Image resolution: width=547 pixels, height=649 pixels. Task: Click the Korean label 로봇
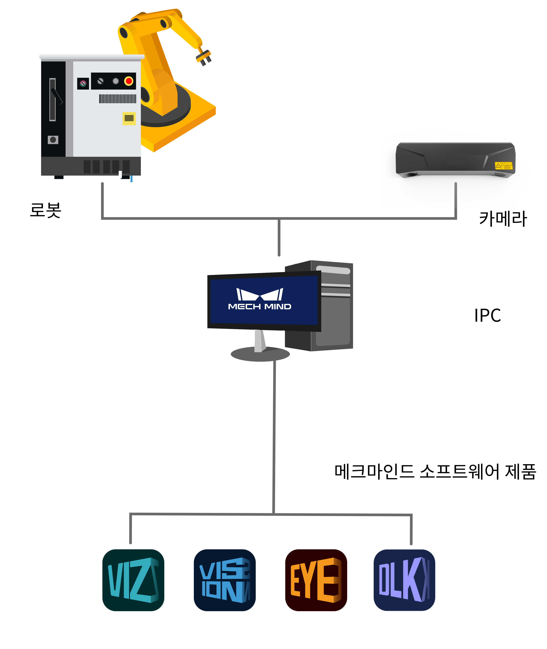coord(46,210)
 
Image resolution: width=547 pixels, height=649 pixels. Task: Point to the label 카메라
coord(503,218)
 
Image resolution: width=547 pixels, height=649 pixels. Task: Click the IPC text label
coord(487,315)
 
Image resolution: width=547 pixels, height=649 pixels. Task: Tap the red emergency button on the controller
coord(129,81)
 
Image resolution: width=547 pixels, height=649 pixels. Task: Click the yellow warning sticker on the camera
coord(504,165)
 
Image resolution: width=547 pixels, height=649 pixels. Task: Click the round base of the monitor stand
coord(260,354)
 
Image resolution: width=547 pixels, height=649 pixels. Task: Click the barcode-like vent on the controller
coord(118,99)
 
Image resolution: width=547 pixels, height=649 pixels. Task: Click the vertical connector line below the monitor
coord(274,434)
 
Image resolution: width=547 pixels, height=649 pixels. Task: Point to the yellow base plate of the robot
coord(186,130)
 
